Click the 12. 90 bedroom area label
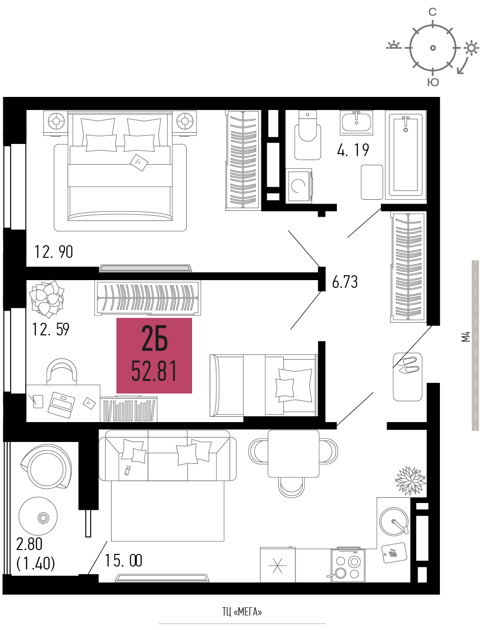[54, 252]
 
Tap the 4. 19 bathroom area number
[353, 150]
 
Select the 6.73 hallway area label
[345, 282]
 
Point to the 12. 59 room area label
[51, 330]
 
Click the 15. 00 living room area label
[123, 560]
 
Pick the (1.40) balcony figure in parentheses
[36, 564]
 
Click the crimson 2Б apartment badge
[154, 356]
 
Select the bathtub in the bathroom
[406, 155]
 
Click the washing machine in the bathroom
[299, 186]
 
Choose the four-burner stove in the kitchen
[348, 566]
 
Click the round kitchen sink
[394, 521]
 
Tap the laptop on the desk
[62, 405]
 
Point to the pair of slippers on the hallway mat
[408, 365]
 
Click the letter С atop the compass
[433, 12]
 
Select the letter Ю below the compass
[433, 83]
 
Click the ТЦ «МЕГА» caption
[242, 612]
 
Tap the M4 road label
[466, 337]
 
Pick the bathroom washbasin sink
[356, 123]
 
